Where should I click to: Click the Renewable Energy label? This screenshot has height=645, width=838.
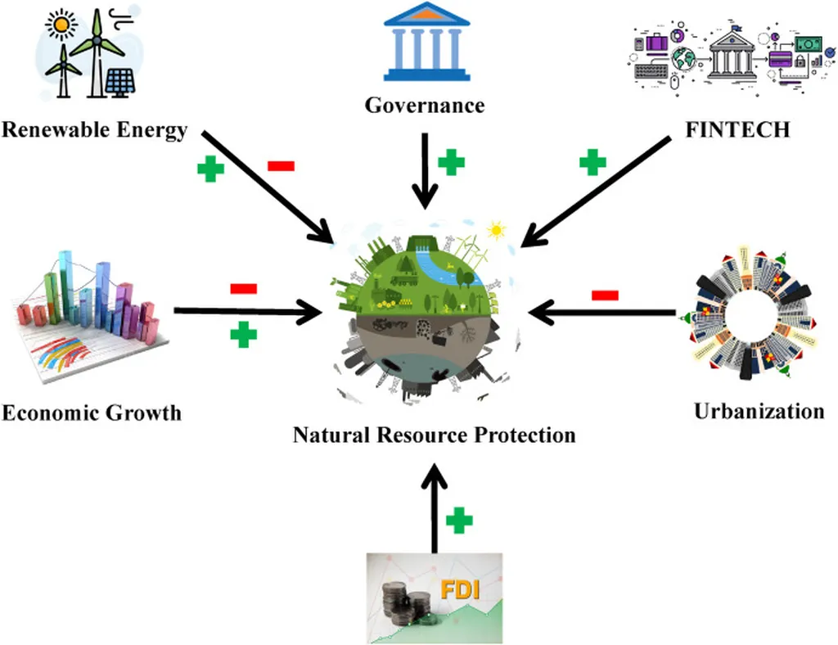pos(94,130)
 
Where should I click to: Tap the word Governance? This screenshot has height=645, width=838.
pos(424,106)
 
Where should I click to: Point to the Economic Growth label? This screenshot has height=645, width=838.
pos(91,412)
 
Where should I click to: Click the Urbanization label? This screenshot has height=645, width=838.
pos(759,411)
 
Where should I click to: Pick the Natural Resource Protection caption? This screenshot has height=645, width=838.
pos(434,434)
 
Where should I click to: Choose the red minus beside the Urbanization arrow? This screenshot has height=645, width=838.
pos(605,295)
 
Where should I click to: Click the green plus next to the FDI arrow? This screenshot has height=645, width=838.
pos(460,519)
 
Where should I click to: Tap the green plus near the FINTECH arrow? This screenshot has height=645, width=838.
pos(592,162)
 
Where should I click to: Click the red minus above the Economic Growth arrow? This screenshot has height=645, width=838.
pos(243,288)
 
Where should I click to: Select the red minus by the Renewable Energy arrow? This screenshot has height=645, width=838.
pos(281,166)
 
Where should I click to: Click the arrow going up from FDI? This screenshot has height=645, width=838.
pos(435,507)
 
